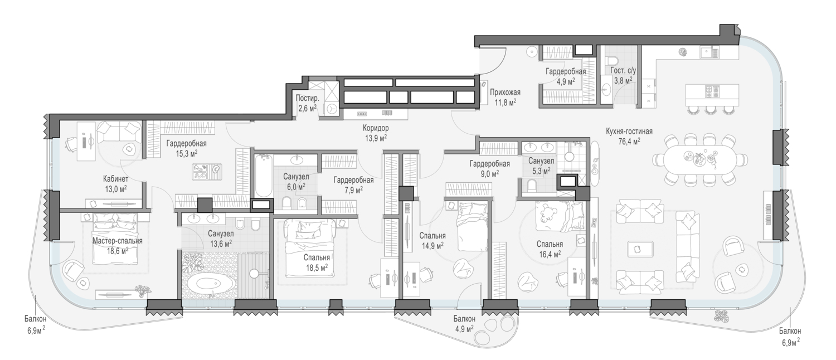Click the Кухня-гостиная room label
629,132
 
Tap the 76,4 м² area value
629,141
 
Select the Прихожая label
505,92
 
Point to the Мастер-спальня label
117,241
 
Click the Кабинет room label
116,179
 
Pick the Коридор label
376,128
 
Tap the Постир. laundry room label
308,99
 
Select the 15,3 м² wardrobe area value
186,153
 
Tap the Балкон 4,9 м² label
464,324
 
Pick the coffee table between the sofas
640,249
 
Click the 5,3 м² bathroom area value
541,171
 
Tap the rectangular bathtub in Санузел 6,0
264,176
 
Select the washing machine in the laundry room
332,109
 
